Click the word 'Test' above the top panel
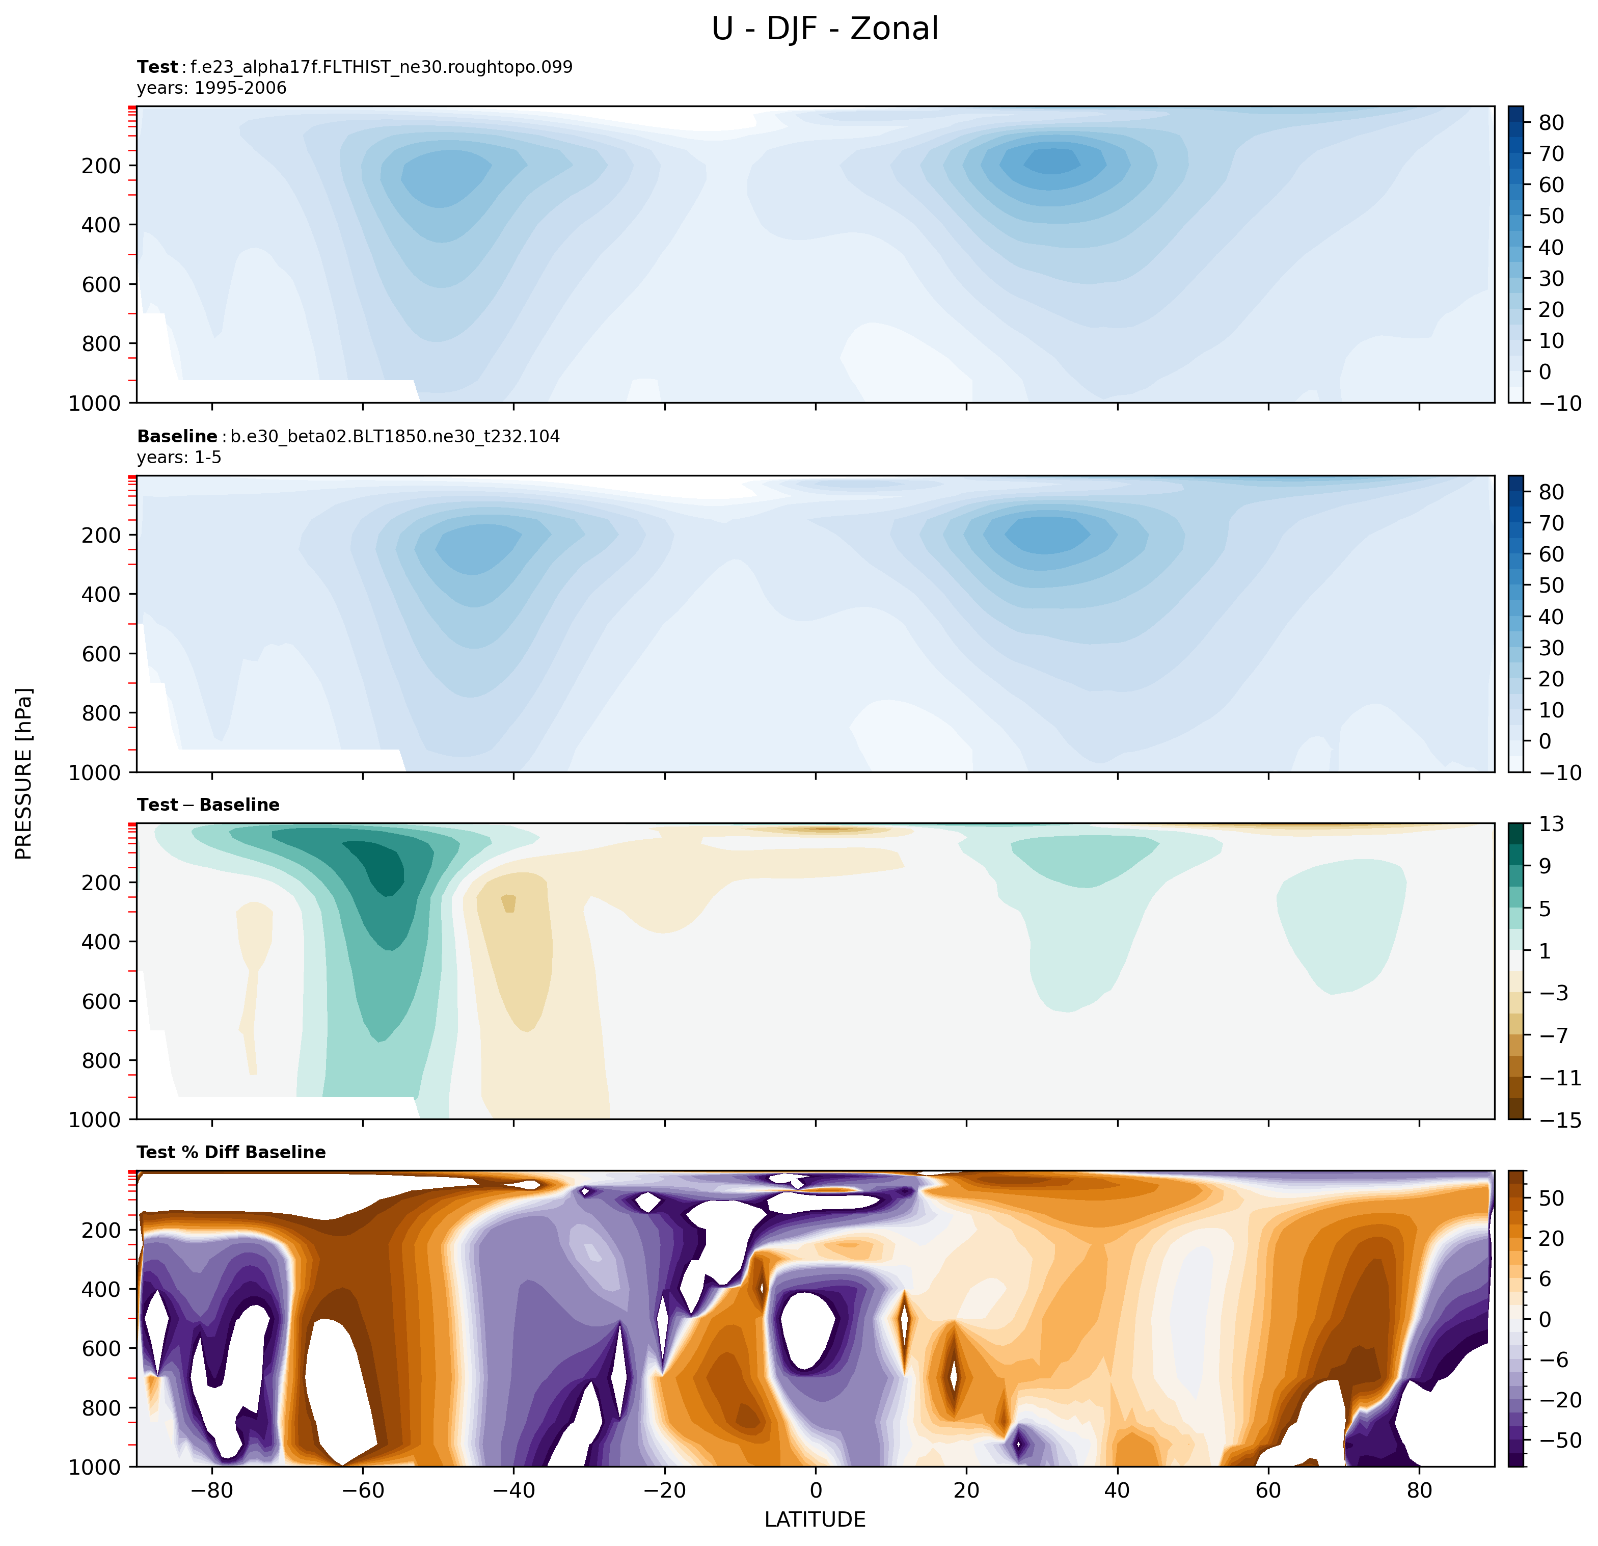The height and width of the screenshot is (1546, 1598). [157, 67]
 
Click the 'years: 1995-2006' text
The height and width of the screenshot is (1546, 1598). [212, 88]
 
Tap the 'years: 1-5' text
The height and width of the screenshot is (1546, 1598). [179, 458]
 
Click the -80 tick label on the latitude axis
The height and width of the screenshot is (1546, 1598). [212, 1490]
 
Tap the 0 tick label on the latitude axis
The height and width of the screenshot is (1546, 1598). [816, 1490]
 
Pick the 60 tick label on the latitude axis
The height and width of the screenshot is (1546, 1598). [1268, 1490]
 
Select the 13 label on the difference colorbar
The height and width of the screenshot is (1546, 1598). [1552, 824]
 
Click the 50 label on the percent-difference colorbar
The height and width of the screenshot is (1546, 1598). [1552, 1198]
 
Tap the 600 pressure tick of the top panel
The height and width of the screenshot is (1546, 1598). [101, 284]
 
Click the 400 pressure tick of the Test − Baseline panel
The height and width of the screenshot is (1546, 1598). [101, 942]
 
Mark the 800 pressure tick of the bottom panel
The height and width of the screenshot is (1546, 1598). [101, 1408]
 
